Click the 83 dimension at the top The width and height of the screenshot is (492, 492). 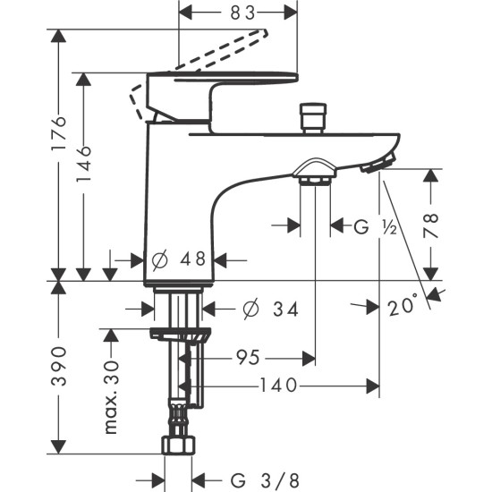tap(242, 13)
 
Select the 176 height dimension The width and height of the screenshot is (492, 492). tap(59, 133)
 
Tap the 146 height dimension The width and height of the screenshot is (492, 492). tap(84, 164)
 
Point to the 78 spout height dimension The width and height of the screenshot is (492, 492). tap(430, 225)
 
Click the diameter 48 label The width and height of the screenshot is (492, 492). tap(179, 259)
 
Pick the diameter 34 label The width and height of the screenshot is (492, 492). tap(270, 310)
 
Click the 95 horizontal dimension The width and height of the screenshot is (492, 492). tap(248, 358)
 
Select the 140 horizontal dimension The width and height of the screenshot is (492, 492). tap(278, 386)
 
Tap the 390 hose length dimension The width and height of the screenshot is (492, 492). tap(59, 366)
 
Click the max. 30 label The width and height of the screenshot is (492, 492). tap(112, 398)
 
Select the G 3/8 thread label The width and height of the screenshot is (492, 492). tap(265, 480)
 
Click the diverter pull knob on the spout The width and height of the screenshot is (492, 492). tap(313, 118)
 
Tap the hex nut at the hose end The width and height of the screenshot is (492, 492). tap(178, 445)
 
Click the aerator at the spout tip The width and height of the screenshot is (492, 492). tap(378, 161)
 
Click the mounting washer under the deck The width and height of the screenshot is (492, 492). tap(180, 334)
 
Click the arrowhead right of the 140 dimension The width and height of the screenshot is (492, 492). tap(373, 386)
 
